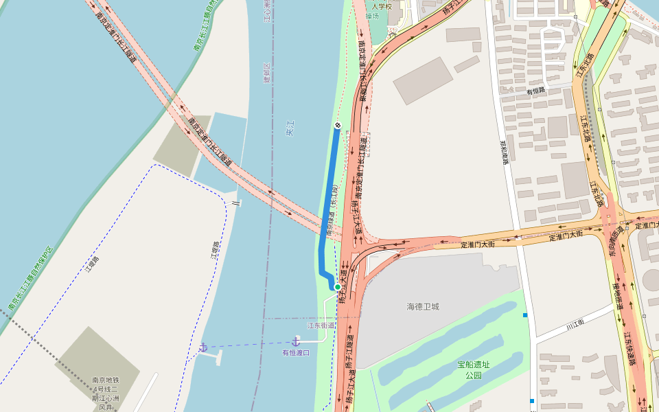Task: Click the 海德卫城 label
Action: pos(422,307)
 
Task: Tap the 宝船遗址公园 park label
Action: pos(474,370)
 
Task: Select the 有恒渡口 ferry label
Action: pos(296,353)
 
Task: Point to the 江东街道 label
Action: pos(321,325)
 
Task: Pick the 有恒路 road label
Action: pos(535,91)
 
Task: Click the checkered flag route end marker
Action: pos(338,125)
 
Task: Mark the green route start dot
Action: pos(338,287)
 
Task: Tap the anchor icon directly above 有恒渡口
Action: pos(297,341)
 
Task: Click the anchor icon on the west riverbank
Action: pos(203,347)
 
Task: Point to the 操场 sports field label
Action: pos(372,16)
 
